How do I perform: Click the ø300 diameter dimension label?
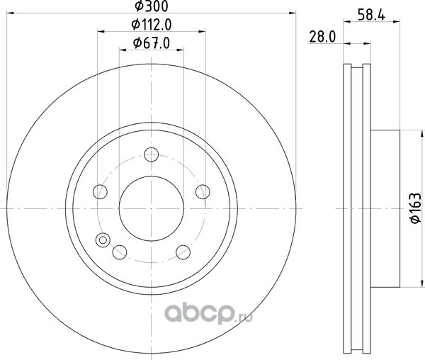click(x=152, y=6)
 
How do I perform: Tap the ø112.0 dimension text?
click(x=152, y=25)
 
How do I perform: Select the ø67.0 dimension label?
click(x=152, y=43)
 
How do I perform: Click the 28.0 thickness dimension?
click(x=322, y=37)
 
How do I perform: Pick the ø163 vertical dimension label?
click(x=415, y=208)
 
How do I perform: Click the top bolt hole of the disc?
click(x=152, y=154)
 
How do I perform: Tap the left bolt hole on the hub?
click(x=100, y=192)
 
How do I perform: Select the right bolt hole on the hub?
click(x=203, y=192)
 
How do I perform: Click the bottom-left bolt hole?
click(x=120, y=252)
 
